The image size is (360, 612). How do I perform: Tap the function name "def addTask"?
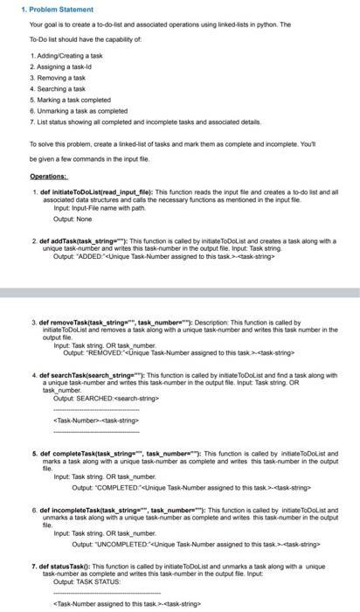click(58, 240)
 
